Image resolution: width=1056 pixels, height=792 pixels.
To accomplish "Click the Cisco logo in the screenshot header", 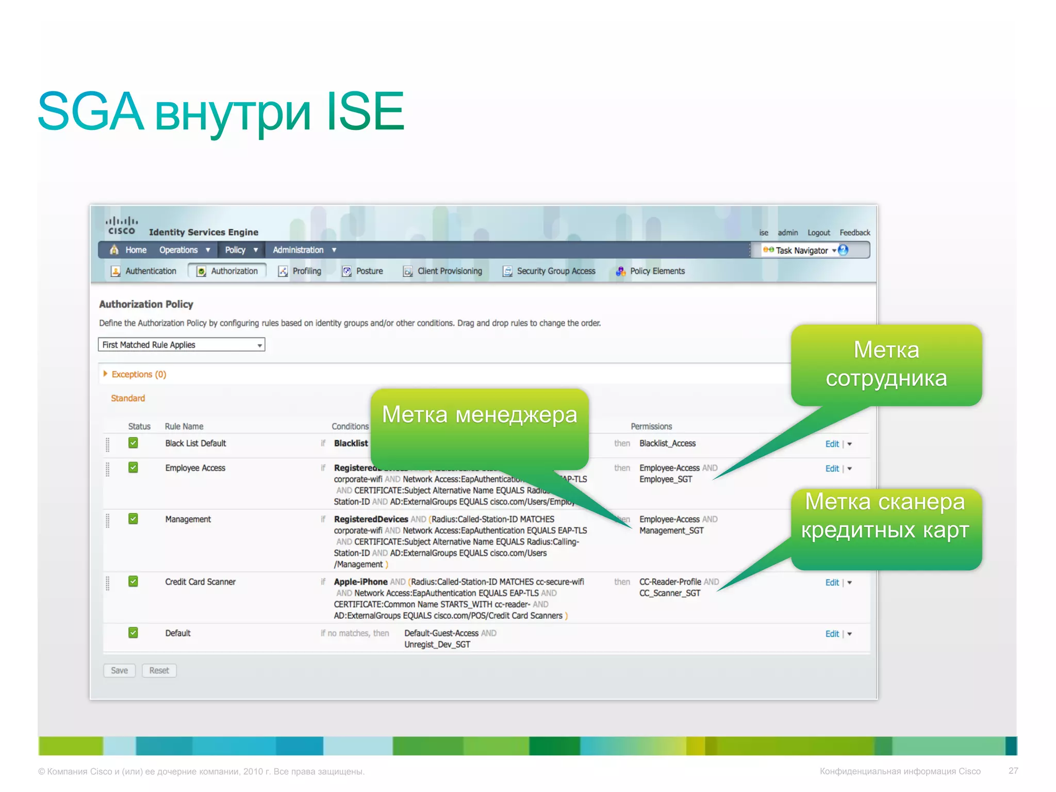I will (122, 226).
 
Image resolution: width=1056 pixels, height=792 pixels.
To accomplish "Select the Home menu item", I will (136, 250).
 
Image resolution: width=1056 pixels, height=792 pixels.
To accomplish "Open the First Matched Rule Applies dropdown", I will (181, 345).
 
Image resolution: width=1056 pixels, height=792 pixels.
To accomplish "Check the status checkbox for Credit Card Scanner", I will (133, 582).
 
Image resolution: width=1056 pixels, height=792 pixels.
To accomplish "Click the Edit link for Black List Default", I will (832, 444).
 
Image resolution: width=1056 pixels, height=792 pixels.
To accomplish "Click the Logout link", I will (818, 233).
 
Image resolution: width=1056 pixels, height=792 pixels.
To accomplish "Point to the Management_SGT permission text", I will (671, 531).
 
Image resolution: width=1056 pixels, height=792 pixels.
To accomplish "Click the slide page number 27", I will (1013, 771).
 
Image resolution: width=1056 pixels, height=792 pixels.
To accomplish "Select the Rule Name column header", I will (184, 426).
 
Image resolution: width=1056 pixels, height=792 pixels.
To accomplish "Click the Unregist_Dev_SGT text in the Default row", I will (437, 645).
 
